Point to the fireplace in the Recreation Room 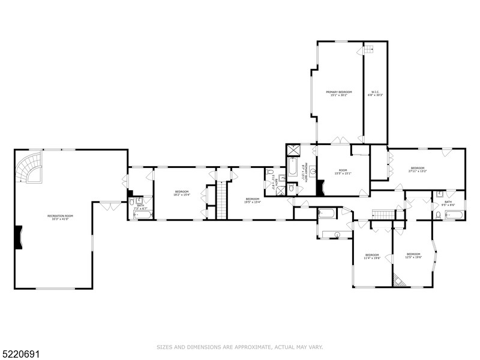tap(19, 237)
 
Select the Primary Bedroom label tap(338, 94)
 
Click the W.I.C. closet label tap(375, 94)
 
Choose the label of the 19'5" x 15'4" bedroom tap(252, 200)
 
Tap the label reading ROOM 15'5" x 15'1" tap(343, 172)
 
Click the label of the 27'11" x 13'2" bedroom tap(418, 169)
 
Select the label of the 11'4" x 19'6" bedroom tap(372, 257)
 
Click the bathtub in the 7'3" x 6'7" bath tap(142, 214)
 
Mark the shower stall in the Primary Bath tap(293, 150)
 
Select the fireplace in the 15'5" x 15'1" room tap(320, 188)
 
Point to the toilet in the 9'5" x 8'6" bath tap(439, 214)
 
